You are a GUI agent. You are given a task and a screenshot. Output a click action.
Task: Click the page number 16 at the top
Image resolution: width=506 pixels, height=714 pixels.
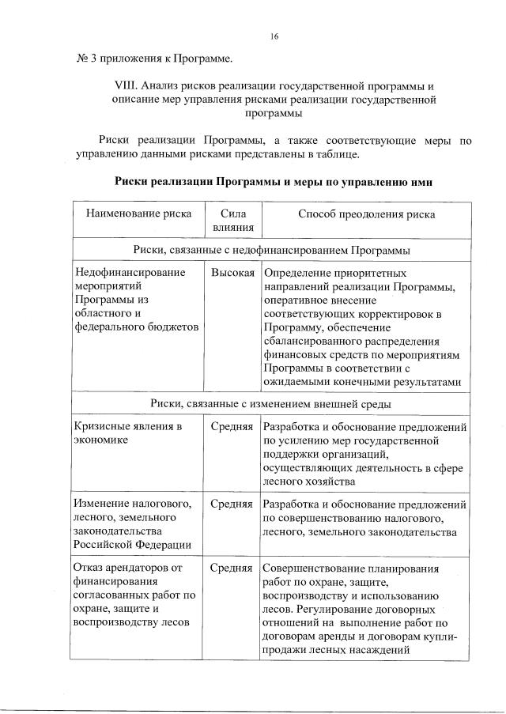tap(274, 36)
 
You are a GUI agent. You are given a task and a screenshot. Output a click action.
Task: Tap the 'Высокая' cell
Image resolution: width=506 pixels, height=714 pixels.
tap(232, 273)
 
